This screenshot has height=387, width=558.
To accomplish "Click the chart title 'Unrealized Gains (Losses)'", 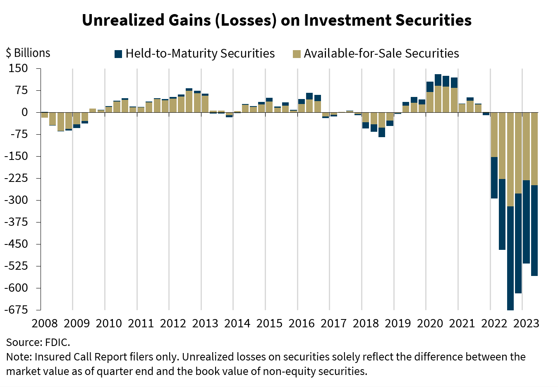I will click(x=179, y=20).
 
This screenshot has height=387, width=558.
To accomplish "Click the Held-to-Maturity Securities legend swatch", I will click(x=118, y=54).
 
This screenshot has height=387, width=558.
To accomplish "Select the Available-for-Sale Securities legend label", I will click(x=381, y=53).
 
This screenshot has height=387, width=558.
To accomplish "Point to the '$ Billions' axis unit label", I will click(x=28, y=53).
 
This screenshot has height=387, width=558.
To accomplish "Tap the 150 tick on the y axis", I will click(x=18, y=68).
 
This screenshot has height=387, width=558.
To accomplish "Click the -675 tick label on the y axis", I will click(x=16, y=310).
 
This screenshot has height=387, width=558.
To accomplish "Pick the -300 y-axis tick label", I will click(x=16, y=200).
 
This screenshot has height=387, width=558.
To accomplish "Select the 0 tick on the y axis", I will click(x=24, y=112).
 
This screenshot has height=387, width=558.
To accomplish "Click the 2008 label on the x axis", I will click(x=44, y=323).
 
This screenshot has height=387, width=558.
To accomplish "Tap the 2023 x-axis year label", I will click(x=526, y=323).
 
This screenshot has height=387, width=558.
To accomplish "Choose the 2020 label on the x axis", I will click(x=430, y=323).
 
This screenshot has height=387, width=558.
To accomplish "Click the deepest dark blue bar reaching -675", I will click(x=510, y=257).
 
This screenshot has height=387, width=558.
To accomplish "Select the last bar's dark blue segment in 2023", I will click(x=534, y=230).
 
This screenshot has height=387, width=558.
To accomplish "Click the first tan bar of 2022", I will click(x=494, y=135).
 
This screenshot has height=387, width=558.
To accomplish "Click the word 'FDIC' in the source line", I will click(x=60, y=343).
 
